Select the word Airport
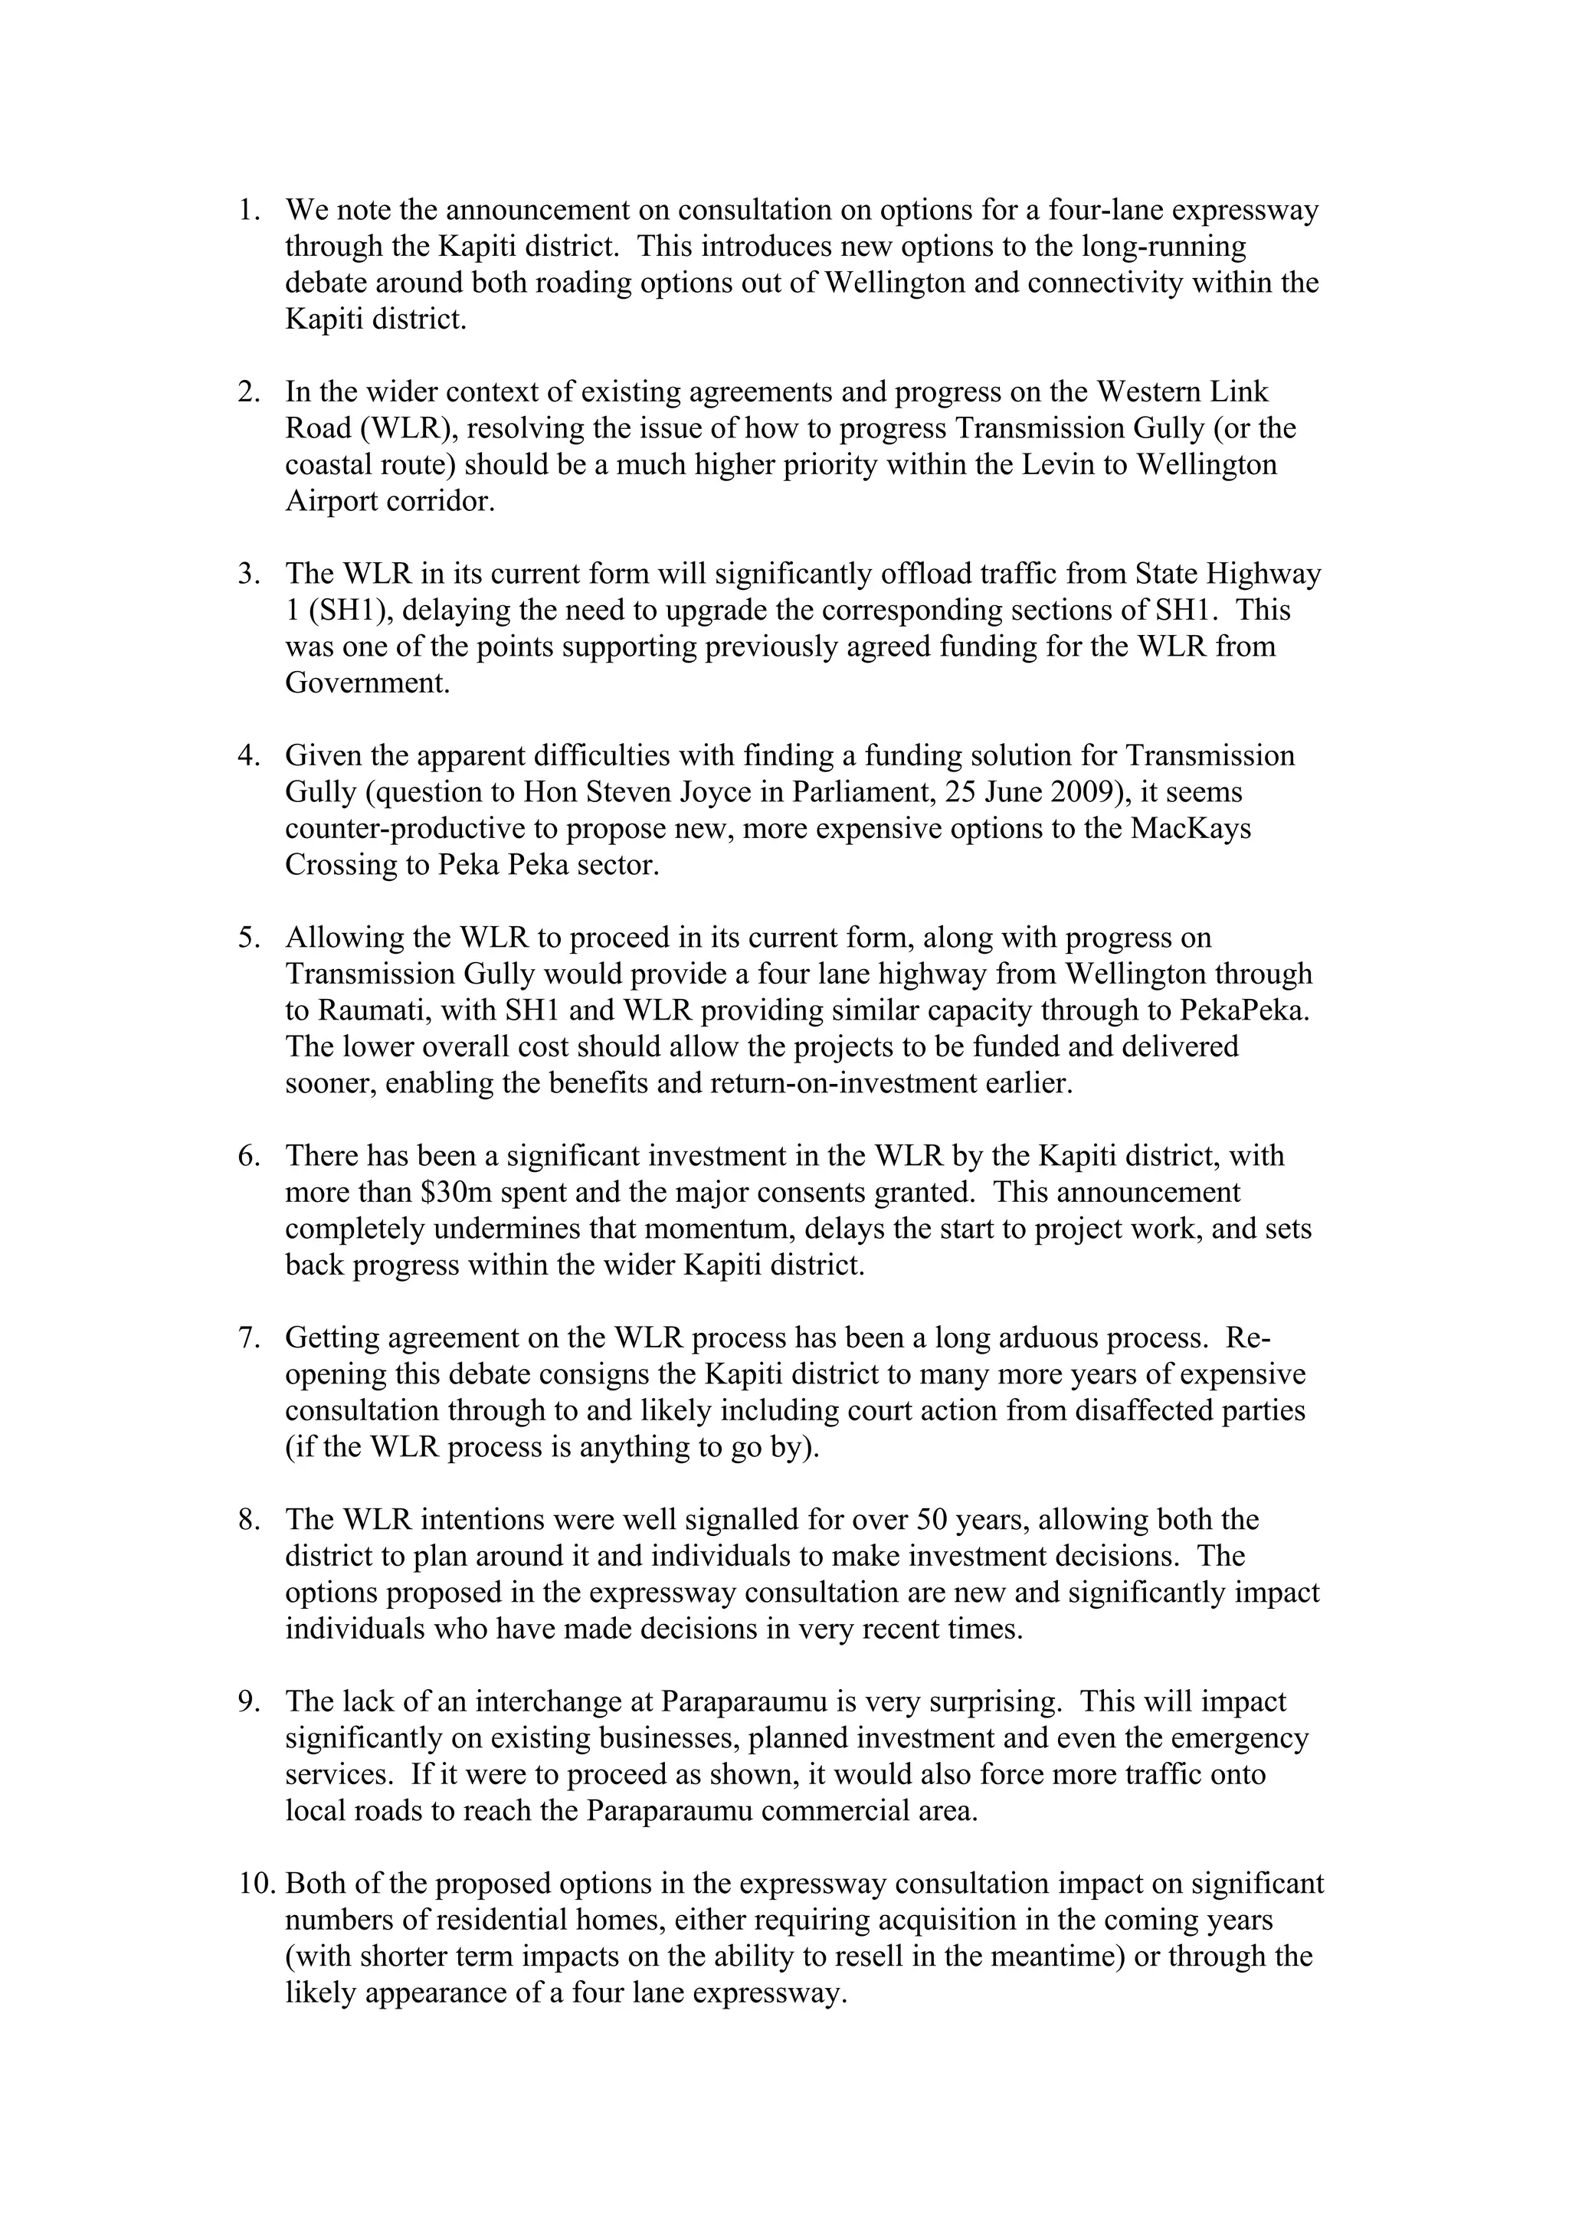coord(332,502)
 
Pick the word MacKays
coord(1199,829)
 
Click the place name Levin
coord(1060,465)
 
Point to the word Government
coord(368,683)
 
